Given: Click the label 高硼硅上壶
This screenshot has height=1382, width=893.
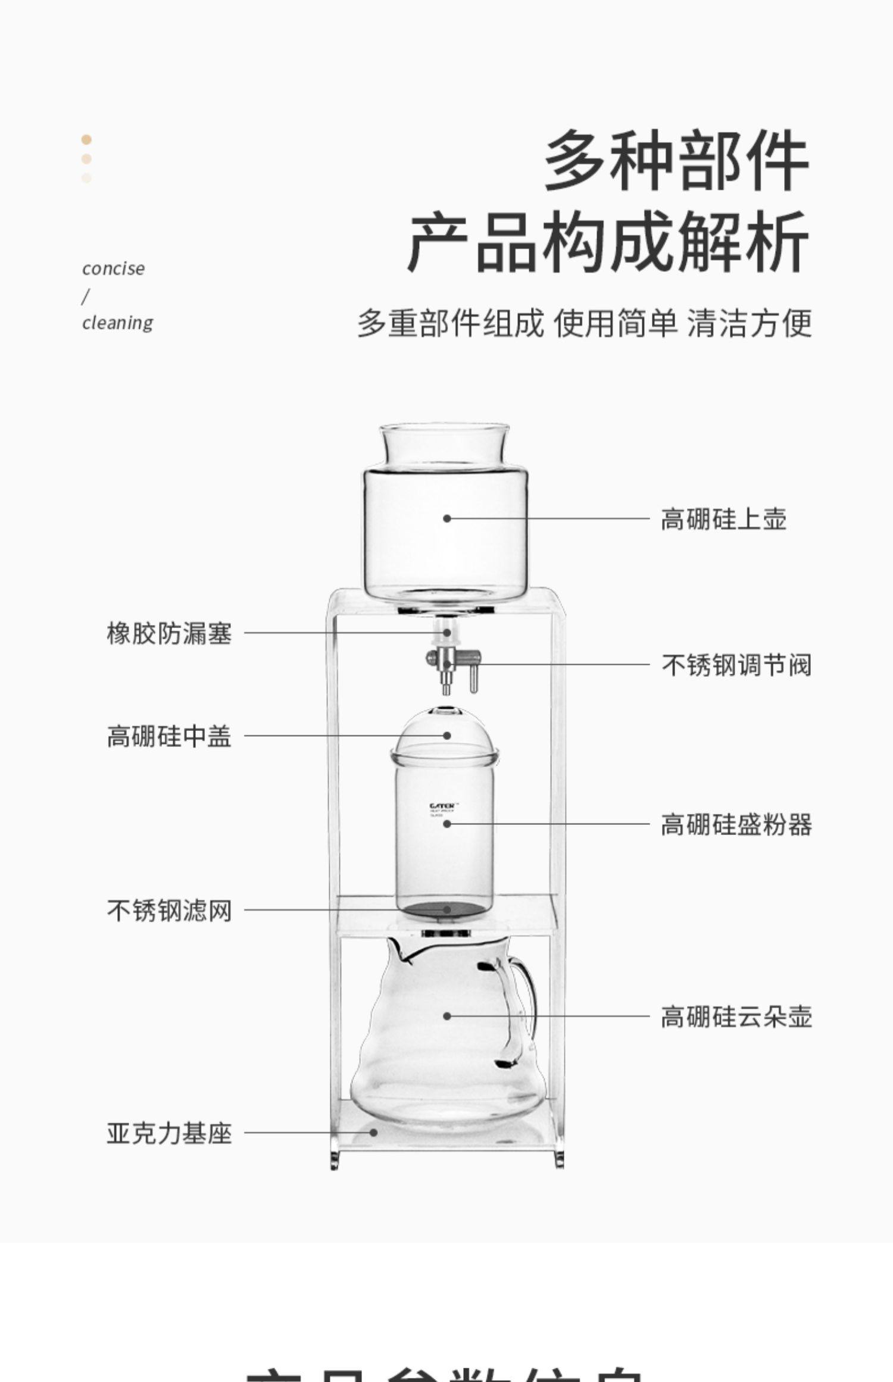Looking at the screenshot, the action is click(x=723, y=519).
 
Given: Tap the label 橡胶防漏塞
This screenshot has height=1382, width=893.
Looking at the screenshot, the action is click(x=169, y=633).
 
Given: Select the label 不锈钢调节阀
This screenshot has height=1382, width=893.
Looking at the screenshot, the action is click(x=736, y=665).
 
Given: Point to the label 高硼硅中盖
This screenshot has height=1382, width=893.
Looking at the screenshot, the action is click(x=169, y=736).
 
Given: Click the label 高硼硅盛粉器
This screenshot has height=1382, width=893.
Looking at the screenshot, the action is click(x=736, y=825).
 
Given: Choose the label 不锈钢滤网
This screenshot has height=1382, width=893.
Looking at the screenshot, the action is click(x=169, y=911).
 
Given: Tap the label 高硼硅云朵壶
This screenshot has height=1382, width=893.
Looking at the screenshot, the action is click(x=736, y=1017).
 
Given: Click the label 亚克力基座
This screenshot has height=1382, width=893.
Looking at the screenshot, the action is click(x=169, y=1133).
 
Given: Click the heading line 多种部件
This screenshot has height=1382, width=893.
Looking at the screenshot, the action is click(x=676, y=161).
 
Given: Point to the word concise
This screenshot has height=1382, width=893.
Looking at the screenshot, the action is click(x=113, y=268).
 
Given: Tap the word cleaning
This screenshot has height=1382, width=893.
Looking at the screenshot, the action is click(x=117, y=323).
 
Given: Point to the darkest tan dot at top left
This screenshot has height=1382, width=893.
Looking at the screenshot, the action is click(x=86, y=139).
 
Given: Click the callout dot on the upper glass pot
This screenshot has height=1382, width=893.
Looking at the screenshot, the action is click(x=447, y=518).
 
